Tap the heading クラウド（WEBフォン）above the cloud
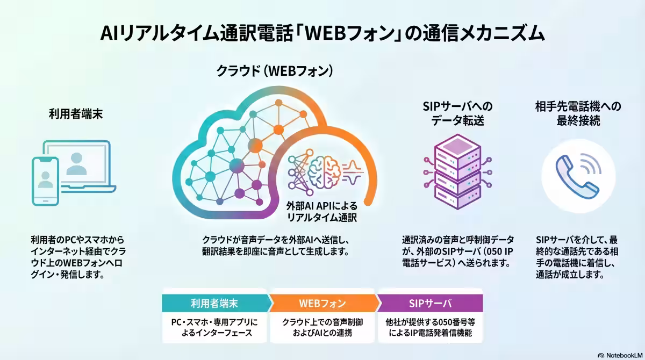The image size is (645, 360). [275, 71]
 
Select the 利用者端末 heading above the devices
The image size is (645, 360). [76, 114]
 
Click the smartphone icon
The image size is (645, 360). [46, 181]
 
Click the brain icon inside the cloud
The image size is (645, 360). [324, 172]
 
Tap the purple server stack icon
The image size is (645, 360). [457, 172]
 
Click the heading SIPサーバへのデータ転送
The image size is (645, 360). [457, 113]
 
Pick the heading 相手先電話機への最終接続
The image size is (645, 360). [578, 113]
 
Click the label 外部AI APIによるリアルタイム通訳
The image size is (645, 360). [321, 212]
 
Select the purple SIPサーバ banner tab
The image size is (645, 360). [430, 303]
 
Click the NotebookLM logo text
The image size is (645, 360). [624, 355]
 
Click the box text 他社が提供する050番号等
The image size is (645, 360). [430, 322]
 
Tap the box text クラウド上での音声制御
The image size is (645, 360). [322, 322]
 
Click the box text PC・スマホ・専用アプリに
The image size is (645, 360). [214, 322]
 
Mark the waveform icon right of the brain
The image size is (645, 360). [353, 172]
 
